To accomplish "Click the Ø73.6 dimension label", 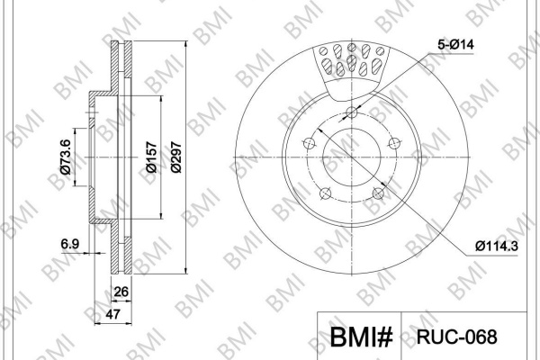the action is [x=66, y=157].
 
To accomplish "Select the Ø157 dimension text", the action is [x=151, y=157].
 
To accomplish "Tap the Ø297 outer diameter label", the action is [x=176, y=157].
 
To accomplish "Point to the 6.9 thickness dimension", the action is [x=70, y=244].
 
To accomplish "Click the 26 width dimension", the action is [x=121, y=292].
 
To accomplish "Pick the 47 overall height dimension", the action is [x=112, y=314].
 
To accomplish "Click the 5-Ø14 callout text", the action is [x=455, y=44].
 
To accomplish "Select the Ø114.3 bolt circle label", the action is [x=497, y=246].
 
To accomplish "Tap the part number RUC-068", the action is [x=457, y=337].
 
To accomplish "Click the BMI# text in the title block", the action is [x=362, y=337].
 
